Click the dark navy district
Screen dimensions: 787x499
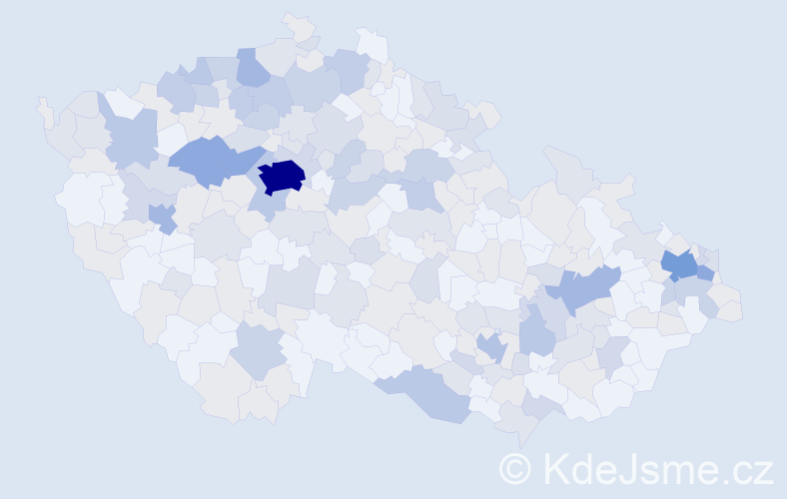point(282,176)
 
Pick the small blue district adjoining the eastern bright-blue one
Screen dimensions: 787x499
point(705,272)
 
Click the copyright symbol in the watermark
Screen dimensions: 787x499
point(515,468)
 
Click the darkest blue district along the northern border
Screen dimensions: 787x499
point(252,69)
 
